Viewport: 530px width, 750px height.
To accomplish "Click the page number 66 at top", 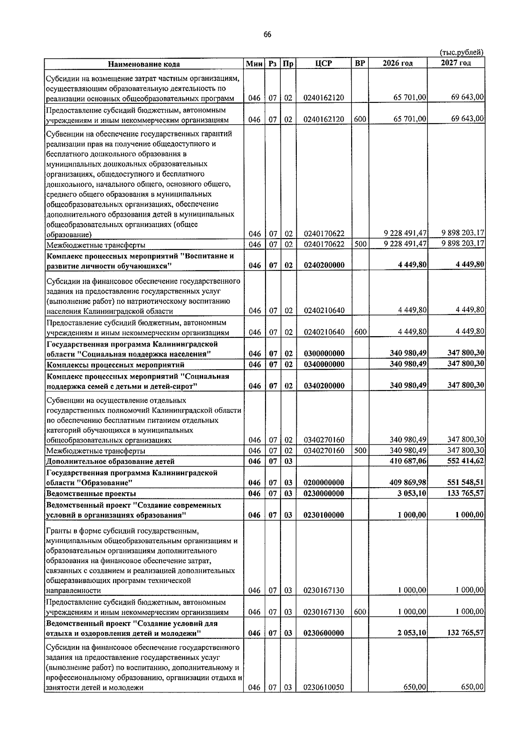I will pos(267,35).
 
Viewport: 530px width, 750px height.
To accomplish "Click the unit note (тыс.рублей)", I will pos(461,53).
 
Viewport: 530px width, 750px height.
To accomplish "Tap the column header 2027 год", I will pos(456,63).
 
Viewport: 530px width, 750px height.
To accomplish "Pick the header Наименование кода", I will pos(144,64).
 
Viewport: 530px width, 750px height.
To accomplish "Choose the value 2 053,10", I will pos(411,633).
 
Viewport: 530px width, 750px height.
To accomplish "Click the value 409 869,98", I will pos(408,483).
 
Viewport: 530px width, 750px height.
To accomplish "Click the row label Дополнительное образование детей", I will pos(110,462).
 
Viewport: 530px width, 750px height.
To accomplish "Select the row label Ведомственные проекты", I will pos(91,494).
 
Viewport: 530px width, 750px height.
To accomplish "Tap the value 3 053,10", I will pos(411,493).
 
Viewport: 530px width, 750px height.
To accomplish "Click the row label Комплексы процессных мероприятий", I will pos(115,365).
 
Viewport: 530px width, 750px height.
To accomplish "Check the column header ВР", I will pos(360,63).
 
